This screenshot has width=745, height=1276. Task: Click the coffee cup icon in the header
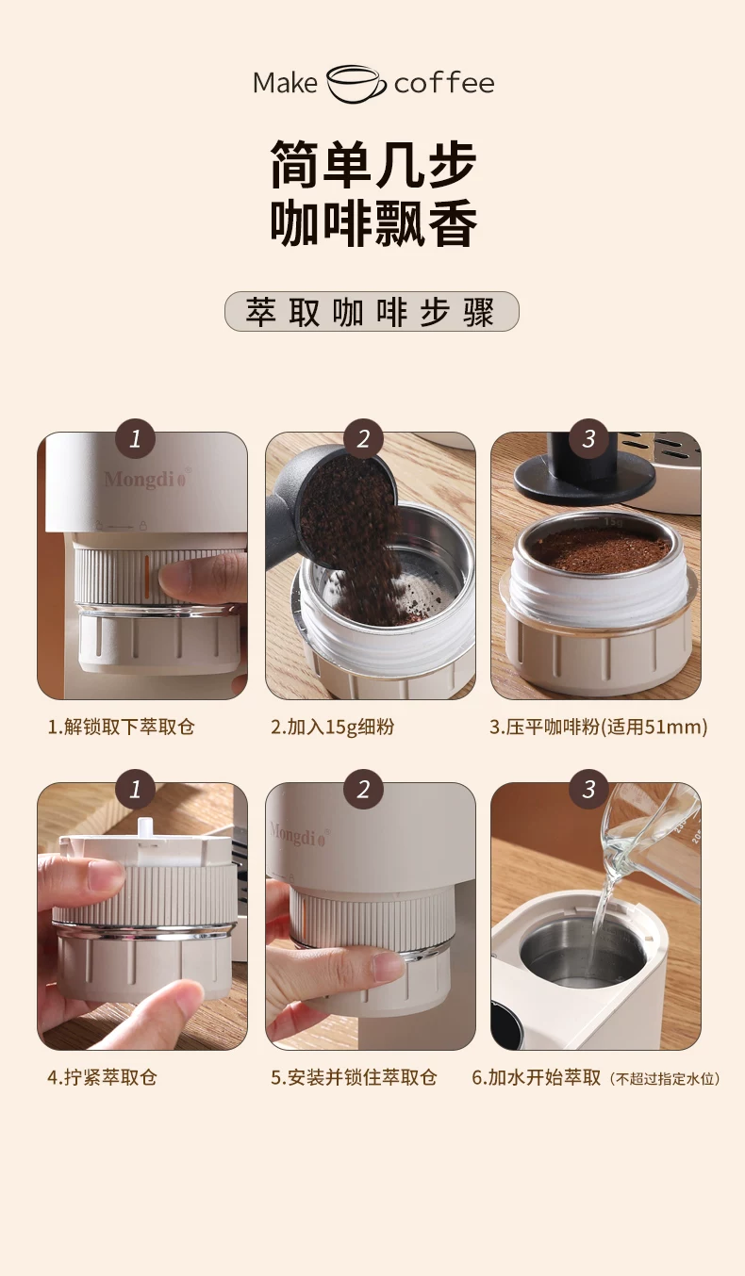tap(356, 83)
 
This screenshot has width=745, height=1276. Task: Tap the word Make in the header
tap(285, 83)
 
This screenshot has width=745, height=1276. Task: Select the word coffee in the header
tap(444, 83)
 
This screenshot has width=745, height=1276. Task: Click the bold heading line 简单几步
tap(372, 164)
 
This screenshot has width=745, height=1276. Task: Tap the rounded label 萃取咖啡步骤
tap(372, 312)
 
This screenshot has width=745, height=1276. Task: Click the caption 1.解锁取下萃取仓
tap(121, 727)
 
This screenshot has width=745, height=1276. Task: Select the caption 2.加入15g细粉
tap(332, 727)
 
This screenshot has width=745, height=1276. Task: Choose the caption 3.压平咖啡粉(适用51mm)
tap(599, 727)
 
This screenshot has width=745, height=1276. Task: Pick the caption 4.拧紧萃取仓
tap(102, 1077)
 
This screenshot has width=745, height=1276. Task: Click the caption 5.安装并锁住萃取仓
tap(354, 1077)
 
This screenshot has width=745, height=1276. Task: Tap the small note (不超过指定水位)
tap(665, 1078)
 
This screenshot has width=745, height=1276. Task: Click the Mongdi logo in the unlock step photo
tap(145, 479)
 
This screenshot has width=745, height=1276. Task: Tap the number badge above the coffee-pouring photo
tap(363, 438)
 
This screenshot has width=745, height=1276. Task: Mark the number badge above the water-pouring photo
tap(588, 789)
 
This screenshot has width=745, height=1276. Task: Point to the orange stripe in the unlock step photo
tap(146, 576)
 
